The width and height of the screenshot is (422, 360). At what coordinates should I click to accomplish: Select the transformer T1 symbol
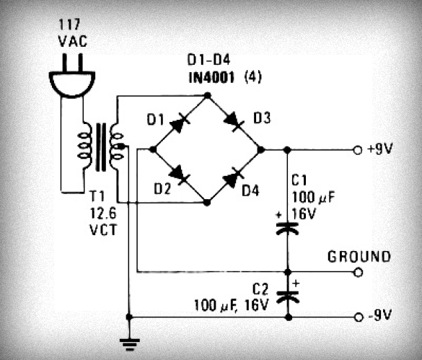(102, 147)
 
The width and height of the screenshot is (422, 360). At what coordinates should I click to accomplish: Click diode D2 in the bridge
(177, 173)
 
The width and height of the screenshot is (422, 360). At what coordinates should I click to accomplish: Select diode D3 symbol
(234, 123)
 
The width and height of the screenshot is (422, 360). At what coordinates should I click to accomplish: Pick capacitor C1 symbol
(287, 228)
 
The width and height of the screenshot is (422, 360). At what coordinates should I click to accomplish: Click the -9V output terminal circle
(356, 317)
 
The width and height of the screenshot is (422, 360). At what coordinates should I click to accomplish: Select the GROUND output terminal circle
(356, 273)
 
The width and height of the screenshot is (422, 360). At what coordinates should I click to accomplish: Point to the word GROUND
(359, 256)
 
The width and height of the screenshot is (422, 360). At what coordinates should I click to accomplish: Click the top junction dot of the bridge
(207, 95)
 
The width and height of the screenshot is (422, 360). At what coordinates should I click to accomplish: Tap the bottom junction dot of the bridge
(207, 203)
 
